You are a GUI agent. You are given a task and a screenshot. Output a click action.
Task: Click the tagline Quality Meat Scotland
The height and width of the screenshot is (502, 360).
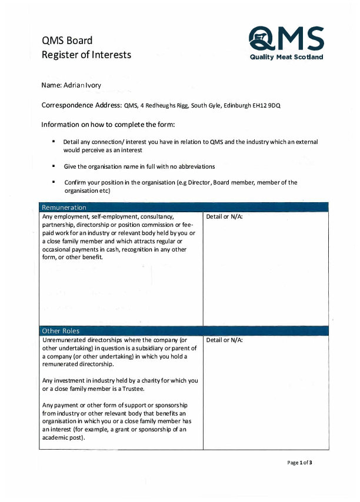(286, 57)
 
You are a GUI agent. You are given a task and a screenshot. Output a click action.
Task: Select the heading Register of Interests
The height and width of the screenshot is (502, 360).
(86, 55)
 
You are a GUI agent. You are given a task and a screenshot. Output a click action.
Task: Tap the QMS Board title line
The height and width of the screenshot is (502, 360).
(66, 41)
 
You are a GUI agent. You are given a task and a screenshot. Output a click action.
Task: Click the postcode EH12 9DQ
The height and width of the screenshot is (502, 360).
(268, 106)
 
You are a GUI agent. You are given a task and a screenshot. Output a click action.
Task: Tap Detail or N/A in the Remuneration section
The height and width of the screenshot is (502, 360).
(224, 217)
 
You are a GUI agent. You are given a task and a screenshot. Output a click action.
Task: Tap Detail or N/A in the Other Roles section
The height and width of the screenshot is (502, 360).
(224, 340)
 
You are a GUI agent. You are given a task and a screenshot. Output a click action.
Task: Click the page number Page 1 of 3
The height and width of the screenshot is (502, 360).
(299, 463)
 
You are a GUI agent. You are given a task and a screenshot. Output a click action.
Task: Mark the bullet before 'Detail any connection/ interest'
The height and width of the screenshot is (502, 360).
(54, 142)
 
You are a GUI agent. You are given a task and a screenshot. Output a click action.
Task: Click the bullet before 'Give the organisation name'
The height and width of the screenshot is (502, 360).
(54, 166)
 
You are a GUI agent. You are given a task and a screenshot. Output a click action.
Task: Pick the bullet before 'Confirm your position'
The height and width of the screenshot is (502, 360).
(54, 182)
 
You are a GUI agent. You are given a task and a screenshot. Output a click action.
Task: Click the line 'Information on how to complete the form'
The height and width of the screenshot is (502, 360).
(108, 125)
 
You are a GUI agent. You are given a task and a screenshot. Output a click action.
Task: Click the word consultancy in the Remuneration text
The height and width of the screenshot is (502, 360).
(156, 217)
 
